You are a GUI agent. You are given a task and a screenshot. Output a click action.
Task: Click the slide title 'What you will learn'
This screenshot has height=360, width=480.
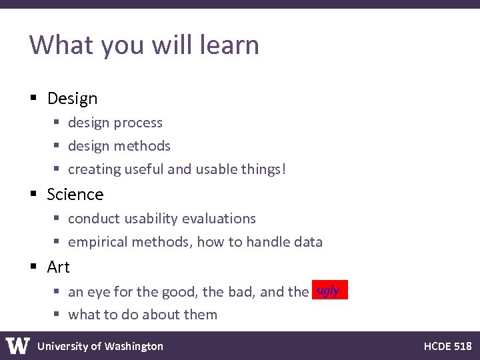144,45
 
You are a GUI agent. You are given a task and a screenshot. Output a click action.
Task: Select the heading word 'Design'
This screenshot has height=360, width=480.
72,99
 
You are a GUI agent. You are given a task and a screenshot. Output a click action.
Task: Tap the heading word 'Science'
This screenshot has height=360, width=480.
75,195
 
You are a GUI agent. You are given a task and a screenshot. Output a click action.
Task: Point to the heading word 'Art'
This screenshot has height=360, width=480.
59,267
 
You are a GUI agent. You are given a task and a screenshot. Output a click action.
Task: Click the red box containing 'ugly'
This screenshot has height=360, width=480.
329,291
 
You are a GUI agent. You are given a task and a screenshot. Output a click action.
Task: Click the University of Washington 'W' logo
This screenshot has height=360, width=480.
18,346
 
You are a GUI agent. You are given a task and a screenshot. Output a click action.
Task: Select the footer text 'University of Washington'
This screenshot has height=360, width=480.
100,346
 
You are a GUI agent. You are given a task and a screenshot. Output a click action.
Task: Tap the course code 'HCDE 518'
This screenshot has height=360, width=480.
447,346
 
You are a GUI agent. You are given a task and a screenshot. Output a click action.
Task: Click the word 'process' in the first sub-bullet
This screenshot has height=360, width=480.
138,123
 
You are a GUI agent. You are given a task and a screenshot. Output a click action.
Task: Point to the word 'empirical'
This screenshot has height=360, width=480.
97,242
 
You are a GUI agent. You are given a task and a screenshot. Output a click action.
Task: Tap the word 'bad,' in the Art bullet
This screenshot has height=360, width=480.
238,292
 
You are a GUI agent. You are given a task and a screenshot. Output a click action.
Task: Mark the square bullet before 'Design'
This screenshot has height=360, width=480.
34,99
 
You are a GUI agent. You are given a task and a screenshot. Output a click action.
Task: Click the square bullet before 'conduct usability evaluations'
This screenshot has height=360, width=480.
57,219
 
